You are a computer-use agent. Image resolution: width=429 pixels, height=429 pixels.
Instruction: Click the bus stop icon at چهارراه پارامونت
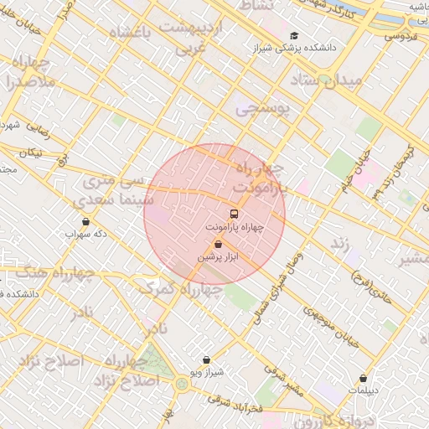pyautogui.click(x=234, y=213)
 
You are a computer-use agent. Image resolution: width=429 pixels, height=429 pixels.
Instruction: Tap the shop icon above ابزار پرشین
pyautogui.click(x=219, y=245)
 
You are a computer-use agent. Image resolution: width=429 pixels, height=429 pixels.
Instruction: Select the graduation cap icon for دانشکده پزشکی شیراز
pyautogui.click(x=293, y=35)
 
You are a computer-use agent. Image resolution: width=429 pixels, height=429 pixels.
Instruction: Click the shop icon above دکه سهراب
pyautogui.click(x=85, y=222)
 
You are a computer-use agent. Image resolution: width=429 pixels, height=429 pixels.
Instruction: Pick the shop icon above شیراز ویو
pyautogui.click(x=206, y=359)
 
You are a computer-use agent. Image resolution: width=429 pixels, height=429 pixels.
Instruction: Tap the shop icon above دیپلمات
pyautogui.click(x=363, y=379)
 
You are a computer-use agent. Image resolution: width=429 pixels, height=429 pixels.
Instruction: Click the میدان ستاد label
pyautogui.click(x=327, y=81)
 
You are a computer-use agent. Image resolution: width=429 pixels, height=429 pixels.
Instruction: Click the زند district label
pyautogui.click(x=339, y=243)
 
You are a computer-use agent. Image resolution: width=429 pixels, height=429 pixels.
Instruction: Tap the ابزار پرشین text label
pyautogui.click(x=219, y=257)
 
